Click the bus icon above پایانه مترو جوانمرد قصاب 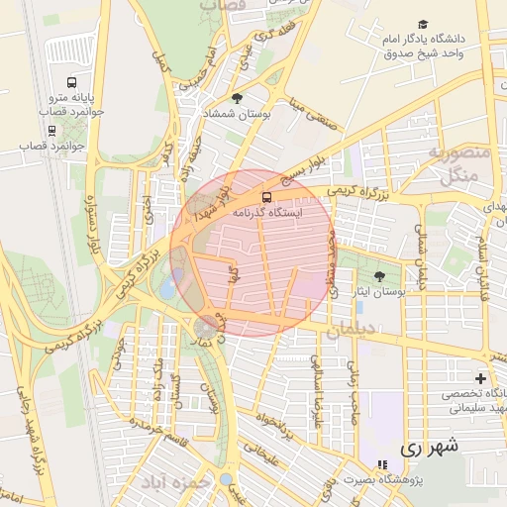pos(71,82)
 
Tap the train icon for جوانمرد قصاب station pos(51,130)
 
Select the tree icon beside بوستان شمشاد pos(236,97)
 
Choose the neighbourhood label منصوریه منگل pos(456,163)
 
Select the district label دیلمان pos(352,331)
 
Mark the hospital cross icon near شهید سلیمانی pos(481,378)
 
